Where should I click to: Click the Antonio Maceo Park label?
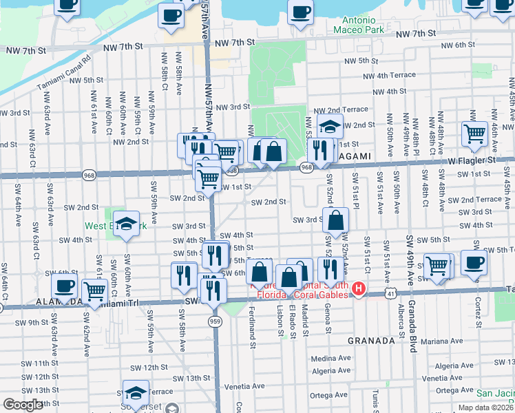360,23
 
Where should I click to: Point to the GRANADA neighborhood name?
370,340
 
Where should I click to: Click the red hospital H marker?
358,288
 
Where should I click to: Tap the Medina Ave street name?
330,359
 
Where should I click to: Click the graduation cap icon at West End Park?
126,222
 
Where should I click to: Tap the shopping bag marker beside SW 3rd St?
335,220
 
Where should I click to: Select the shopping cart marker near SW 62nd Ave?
94,291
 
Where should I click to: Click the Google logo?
23,405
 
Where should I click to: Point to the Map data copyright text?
486,407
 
